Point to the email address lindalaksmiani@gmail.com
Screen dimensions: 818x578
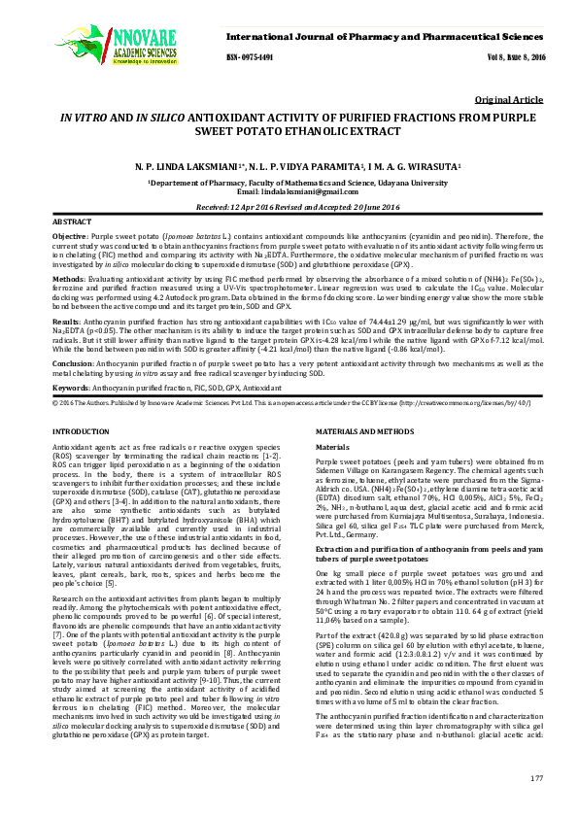[289, 192]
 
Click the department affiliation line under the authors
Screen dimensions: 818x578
[289, 182]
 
